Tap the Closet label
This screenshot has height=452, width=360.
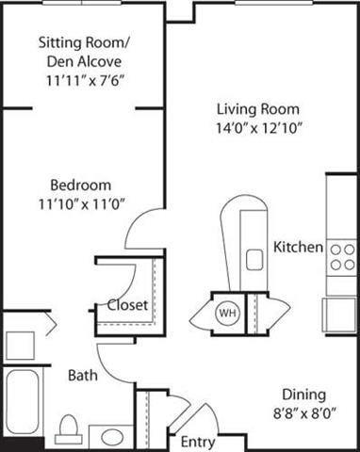[127, 305]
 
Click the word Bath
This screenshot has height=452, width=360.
[82, 375]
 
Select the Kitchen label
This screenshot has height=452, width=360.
[298, 248]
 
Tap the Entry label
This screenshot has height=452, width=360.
[198, 442]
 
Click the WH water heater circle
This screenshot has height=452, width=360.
[228, 312]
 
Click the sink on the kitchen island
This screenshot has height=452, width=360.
[254, 258]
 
